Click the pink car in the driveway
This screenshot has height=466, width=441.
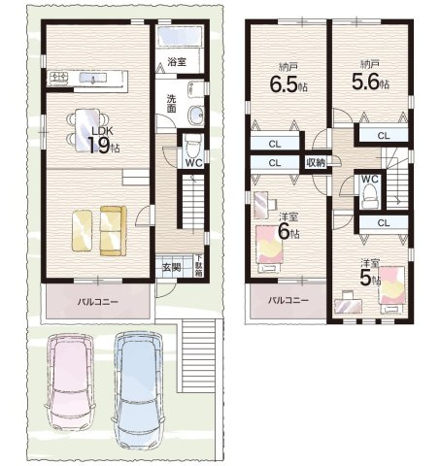coord(70,383)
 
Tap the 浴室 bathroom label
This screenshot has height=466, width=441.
coord(177,61)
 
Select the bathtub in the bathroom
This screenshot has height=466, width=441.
coord(180,36)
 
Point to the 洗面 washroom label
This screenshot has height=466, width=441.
coord(171,103)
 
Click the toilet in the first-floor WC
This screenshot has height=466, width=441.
coord(192,147)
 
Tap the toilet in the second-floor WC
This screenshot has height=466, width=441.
coord(370,195)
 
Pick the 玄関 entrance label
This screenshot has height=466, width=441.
coord(172,268)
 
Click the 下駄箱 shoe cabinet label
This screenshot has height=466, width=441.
coord(199,265)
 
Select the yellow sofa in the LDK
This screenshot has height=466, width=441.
coord(113,230)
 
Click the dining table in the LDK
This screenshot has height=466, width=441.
coord(87,130)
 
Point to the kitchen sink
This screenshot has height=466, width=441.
coord(93,79)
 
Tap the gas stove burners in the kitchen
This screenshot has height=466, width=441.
coord(59,78)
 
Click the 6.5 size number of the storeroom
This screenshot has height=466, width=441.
coord(284,84)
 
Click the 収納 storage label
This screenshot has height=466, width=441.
coord(316,163)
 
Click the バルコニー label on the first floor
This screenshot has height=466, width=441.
coord(97,302)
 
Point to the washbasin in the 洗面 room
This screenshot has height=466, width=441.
coord(195,115)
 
